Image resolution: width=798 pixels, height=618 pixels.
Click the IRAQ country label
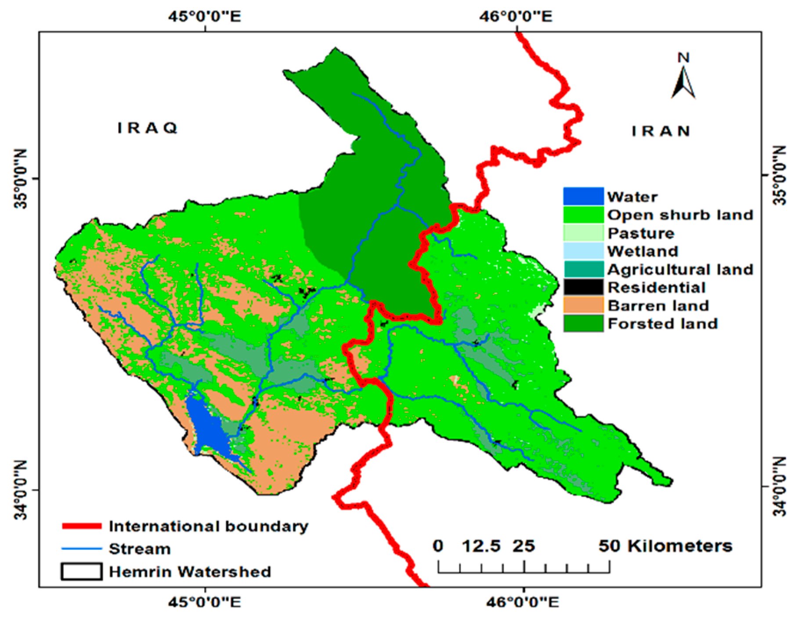(148, 128)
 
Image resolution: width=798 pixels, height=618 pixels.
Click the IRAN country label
(661, 131)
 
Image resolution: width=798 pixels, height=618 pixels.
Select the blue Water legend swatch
(583, 196)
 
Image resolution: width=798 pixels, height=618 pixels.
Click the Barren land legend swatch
(583, 305)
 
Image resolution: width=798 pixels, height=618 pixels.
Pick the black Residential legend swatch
(583, 287)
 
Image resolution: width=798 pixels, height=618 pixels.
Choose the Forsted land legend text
(662, 324)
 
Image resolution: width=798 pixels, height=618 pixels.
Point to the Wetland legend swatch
(583, 251)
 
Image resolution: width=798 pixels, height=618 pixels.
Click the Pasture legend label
(641, 233)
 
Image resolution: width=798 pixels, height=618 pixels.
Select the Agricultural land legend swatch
(583, 269)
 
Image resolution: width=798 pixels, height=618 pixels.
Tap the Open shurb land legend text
(680, 215)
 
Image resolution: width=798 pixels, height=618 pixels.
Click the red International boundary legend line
(82, 526)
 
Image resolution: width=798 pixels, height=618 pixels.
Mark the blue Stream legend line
(82, 549)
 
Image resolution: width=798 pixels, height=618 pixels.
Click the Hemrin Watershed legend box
(82, 571)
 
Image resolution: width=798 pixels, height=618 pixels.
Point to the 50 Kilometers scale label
(665, 546)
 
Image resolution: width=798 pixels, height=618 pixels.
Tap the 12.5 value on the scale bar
(481, 546)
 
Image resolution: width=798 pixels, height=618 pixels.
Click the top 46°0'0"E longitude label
(516, 17)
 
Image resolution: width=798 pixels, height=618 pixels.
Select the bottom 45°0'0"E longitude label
(205, 601)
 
